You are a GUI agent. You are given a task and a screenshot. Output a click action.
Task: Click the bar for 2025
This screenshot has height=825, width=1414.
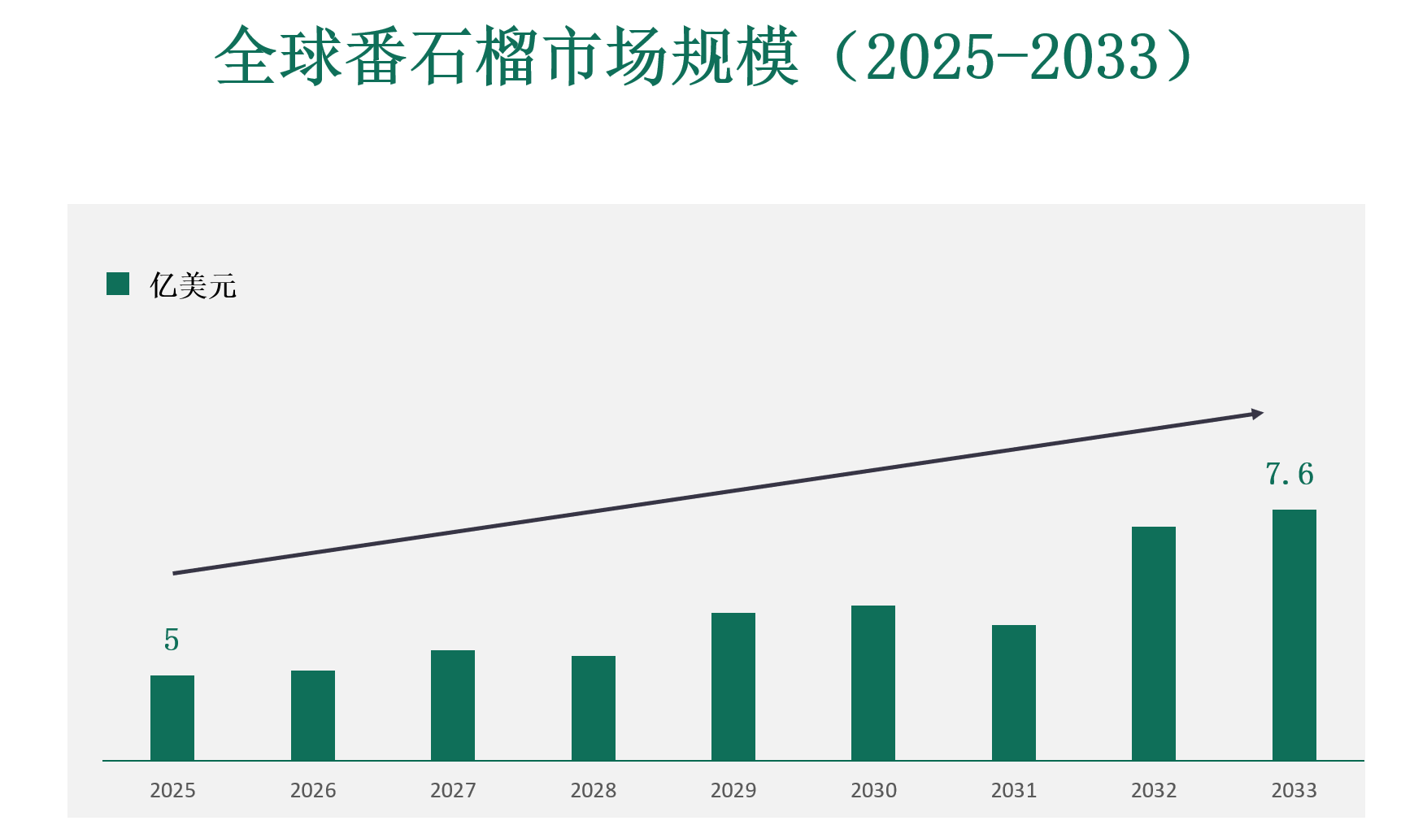[172, 718]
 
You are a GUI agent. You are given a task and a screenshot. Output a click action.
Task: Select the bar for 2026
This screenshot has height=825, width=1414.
[313, 715]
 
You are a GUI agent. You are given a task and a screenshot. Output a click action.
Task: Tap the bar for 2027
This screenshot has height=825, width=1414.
[453, 705]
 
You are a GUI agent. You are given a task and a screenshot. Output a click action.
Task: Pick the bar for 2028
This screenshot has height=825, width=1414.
[594, 708]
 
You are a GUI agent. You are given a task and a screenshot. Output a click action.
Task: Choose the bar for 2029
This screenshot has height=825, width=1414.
[733, 686]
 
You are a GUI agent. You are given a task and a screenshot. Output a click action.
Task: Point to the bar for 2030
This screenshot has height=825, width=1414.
[873, 683]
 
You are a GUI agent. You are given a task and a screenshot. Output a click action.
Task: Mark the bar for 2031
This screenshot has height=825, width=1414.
[1014, 693]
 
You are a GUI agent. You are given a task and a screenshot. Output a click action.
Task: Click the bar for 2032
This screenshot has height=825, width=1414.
[1154, 643]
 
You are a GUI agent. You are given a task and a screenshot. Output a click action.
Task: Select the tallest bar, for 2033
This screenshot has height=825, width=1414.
[1294, 635]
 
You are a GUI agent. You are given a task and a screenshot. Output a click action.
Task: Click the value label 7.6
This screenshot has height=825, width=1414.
[1290, 474]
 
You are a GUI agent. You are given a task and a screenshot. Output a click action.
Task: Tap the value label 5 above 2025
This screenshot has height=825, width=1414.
[171, 640]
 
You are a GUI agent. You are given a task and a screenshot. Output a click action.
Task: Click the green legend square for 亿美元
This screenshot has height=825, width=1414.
[118, 284]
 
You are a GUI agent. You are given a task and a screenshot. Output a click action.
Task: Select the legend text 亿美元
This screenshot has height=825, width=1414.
[193, 285]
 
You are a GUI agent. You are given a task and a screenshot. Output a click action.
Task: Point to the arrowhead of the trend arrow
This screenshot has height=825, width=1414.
[1257, 414]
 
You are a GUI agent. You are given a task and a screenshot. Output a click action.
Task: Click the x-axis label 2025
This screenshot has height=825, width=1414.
[172, 790]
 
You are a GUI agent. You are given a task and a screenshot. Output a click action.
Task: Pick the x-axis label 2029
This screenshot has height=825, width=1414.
[733, 790]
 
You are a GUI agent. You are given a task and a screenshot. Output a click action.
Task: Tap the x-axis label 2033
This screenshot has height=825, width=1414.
[1294, 790]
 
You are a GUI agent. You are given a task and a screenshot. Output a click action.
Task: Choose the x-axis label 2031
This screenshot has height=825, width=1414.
[1014, 790]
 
